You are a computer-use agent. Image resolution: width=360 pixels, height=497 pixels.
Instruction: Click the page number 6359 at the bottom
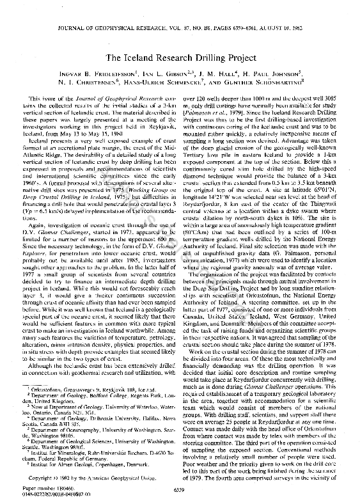point(180,487)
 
